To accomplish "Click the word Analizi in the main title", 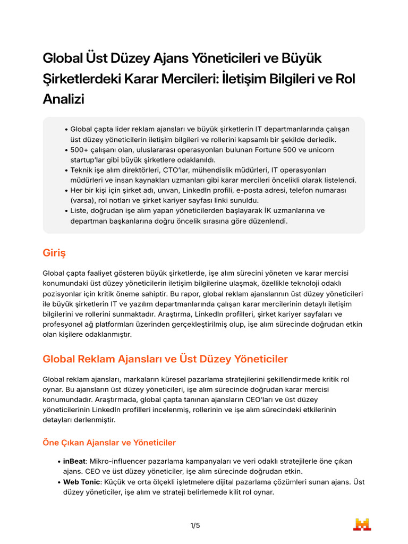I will [x=63, y=99].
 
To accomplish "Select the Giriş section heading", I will [x=54, y=253].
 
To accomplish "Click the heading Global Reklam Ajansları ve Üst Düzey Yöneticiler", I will [x=165, y=359].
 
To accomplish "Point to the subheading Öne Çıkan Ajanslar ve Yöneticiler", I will [x=109, y=443].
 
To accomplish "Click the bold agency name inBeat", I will [x=74, y=461].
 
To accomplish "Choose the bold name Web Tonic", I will [x=81, y=482].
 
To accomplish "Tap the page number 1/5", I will [x=195, y=526].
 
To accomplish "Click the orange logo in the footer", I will [x=362, y=524].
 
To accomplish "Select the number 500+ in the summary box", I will [x=80, y=150].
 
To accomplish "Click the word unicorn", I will [x=320, y=150].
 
